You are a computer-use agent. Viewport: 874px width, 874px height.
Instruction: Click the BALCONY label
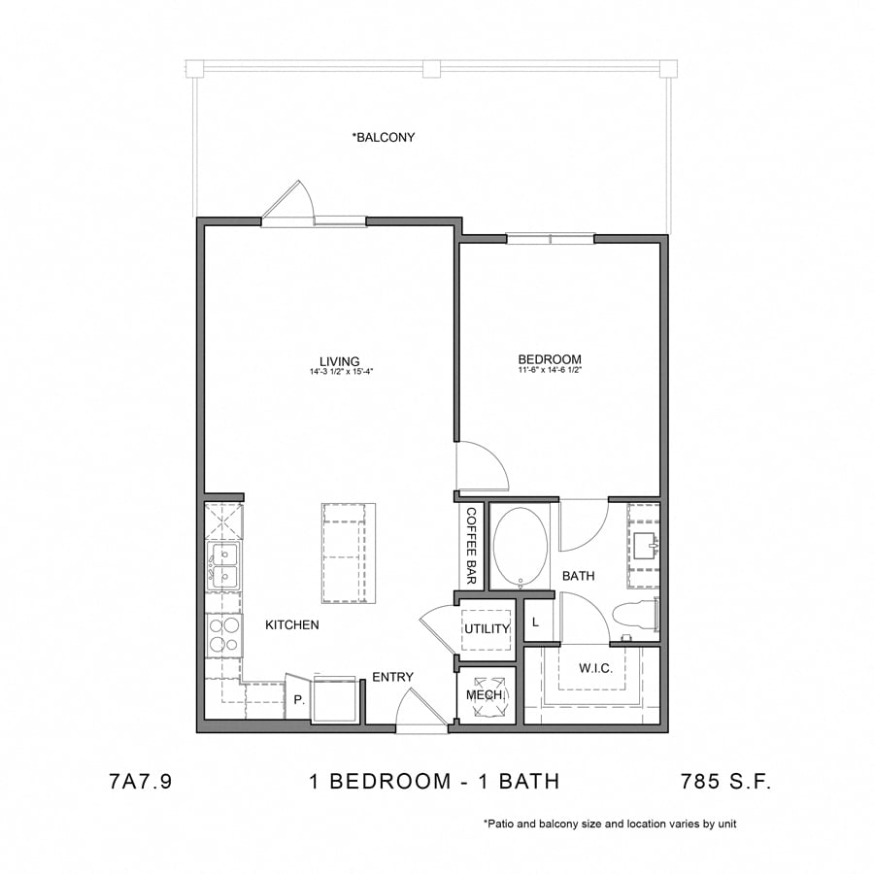pyautogui.click(x=384, y=138)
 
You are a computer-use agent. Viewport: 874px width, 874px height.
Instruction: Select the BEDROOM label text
pyautogui.click(x=550, y=359)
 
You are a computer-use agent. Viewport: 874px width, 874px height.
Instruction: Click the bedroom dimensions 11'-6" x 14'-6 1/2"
pyautogui.click(x=550, y=370)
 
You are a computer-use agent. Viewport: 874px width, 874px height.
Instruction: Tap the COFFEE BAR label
pyautogui.click(x=471, y=546)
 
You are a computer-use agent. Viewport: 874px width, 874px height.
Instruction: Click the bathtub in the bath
pyautogui.click(x=521, y=547)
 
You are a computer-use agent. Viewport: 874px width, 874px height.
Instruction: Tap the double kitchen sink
pyautogui.click(x=223, y=566)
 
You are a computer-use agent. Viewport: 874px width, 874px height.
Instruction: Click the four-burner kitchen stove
pyautogui.click(x=224, y=634)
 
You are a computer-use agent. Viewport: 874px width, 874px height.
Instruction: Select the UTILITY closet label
pyautogui.click(x=487, y=629)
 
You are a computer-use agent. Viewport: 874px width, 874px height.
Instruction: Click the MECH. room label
pyautogui.click(x=485, y=695)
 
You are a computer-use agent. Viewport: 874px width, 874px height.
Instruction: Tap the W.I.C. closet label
pyautogui.click(x=594, y=668)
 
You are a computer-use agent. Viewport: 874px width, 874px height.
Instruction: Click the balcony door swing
pyautogui.click(x=288, y=202)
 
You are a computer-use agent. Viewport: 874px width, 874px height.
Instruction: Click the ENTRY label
pyautogui.click(x=392, y=677)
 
